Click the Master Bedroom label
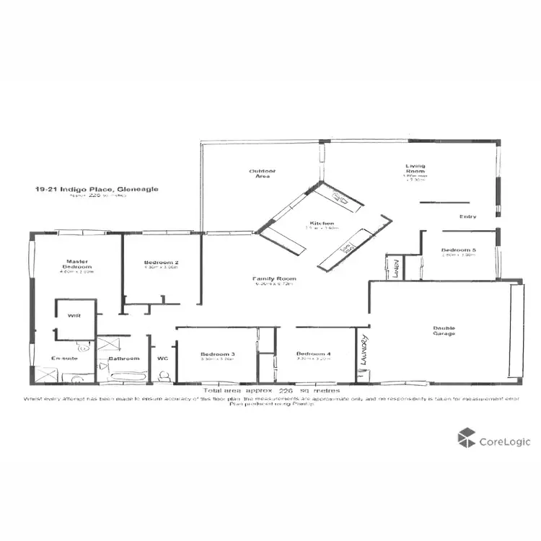pos(76,264)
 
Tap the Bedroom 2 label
pos(161,262)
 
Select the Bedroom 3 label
pos(217,354)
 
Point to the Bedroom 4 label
pos(313,354)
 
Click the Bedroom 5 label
pos(459,250)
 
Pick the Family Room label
pos(274,278)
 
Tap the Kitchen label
pos(321,224)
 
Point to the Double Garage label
pos(444,330)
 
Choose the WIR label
pos(73,316)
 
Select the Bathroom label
pos(123,359)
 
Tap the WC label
pos(162,359)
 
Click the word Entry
pos(467,216)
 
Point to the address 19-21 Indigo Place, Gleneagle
pos(97,189)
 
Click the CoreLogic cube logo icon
pos(467,438)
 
